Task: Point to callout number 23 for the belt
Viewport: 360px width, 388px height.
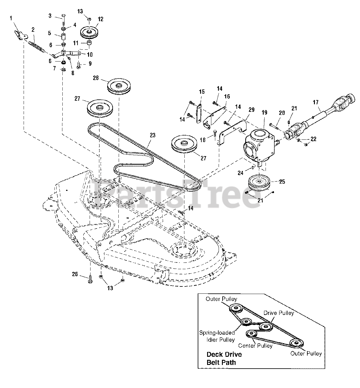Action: pos(152,135)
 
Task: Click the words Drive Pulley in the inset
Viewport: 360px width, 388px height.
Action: pos(278,313)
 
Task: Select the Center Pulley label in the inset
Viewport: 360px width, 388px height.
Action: pos(255,346)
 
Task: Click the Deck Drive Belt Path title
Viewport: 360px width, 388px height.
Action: pos(224,358)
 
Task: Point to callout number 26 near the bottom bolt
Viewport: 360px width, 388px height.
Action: pos(75,275)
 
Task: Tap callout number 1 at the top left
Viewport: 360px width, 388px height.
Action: pos(11,18)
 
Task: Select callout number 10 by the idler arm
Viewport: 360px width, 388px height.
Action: pos(90,55)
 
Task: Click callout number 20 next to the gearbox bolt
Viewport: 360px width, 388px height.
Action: pos(282,112)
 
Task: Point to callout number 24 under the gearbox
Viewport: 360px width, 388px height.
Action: pos(240,173)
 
